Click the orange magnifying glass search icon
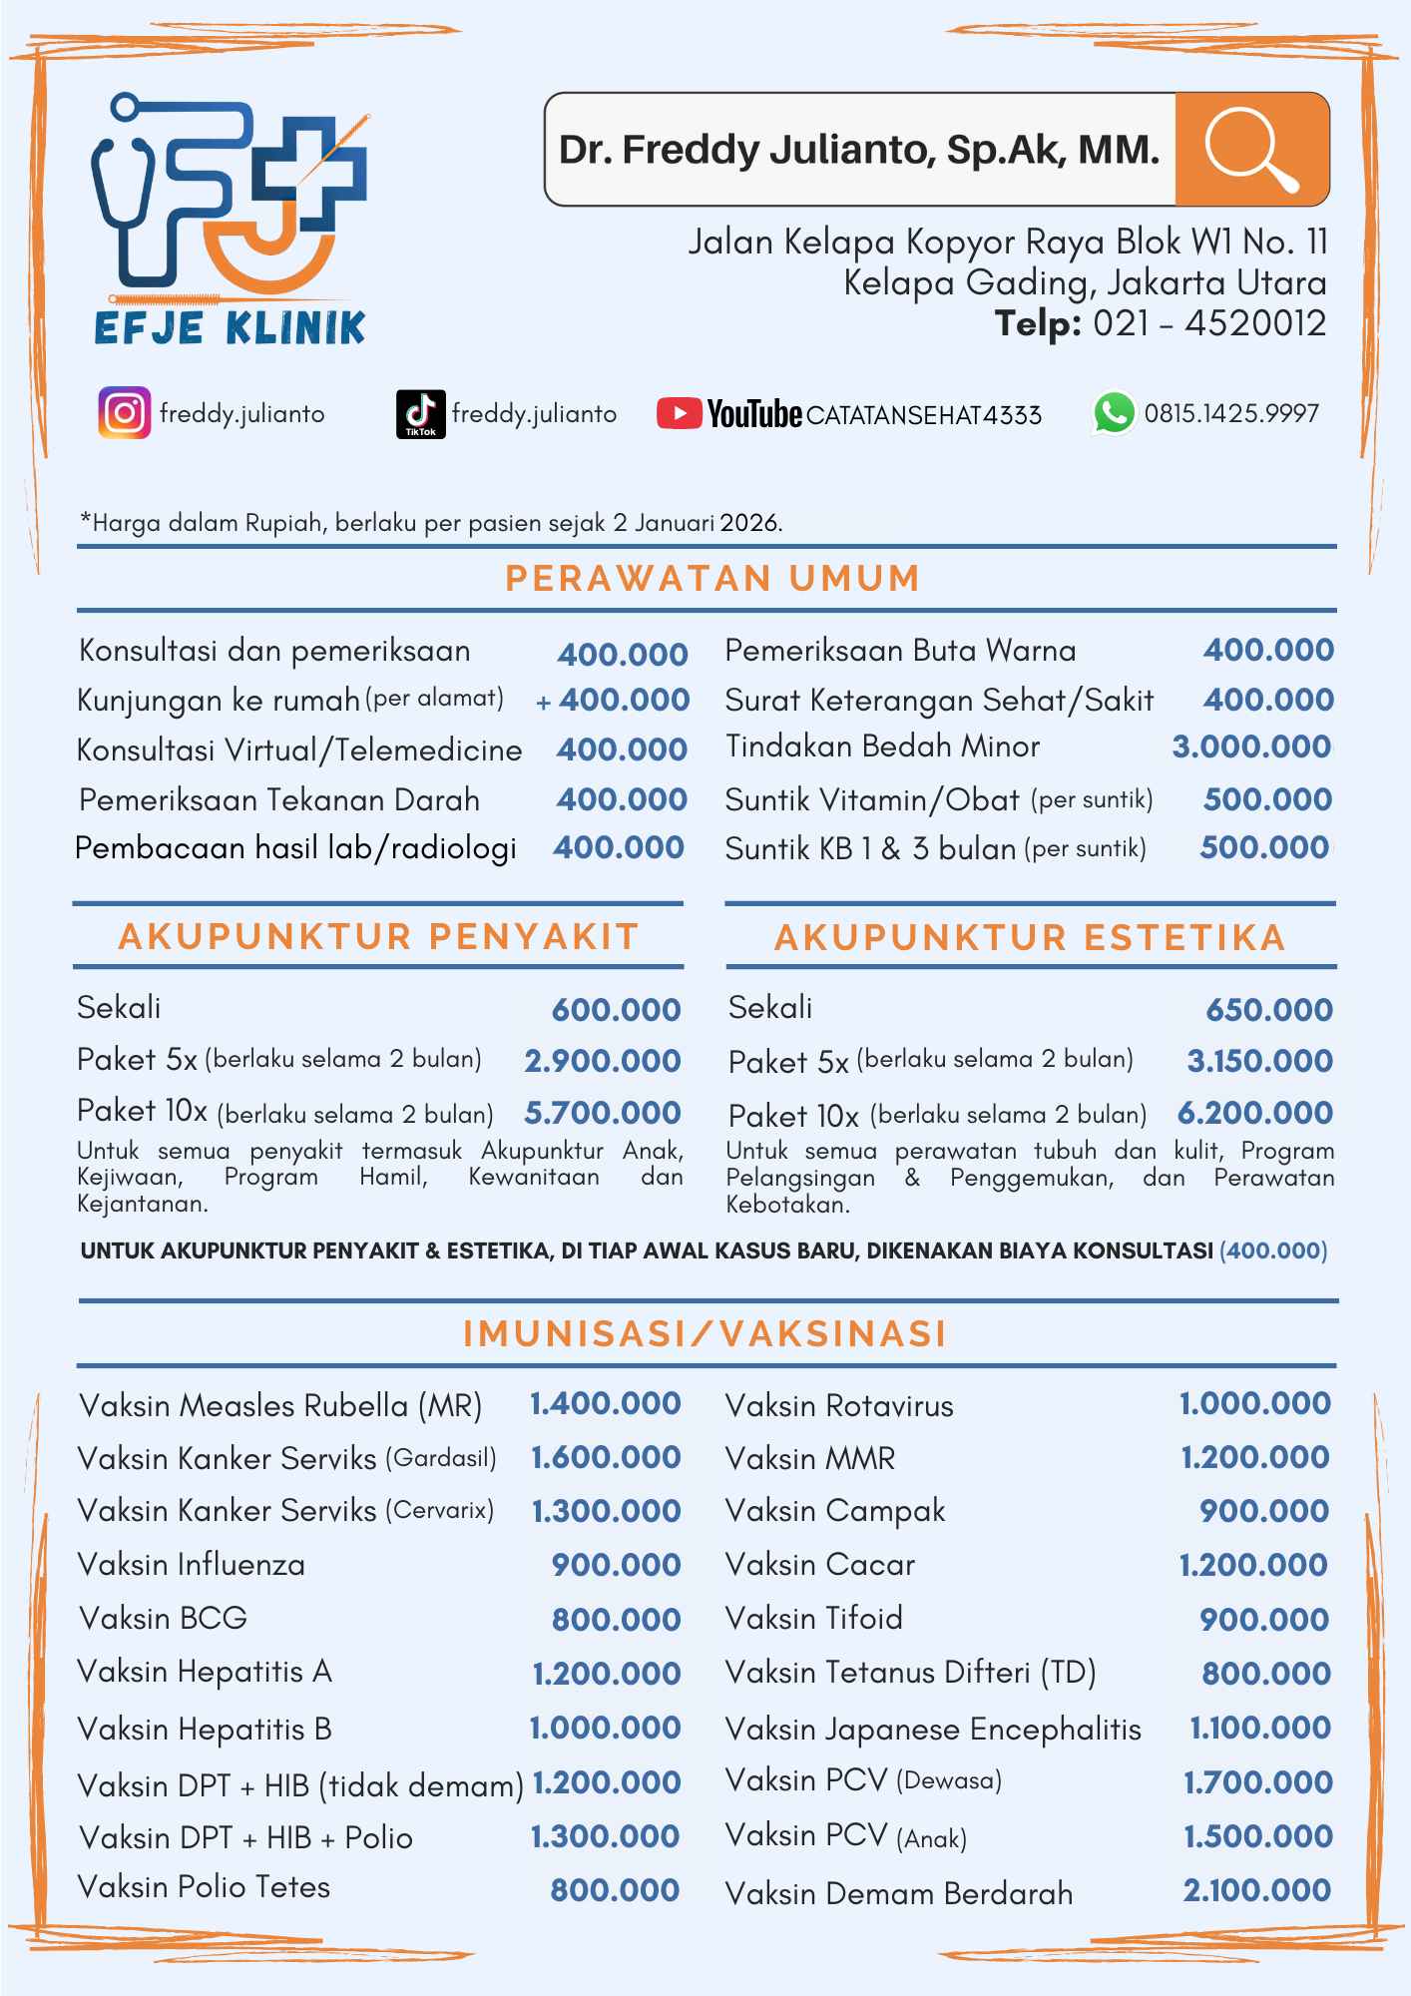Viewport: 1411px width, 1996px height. [x=1251, y=150]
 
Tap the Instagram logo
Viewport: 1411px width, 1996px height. [x=125, y=413]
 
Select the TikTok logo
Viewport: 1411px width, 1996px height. [x=420, y=413]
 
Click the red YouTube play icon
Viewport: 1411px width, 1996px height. [x=680, y=413]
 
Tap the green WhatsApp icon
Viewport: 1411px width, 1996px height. [x=1114, y=412]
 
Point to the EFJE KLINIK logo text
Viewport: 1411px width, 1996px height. [x=231, y=327]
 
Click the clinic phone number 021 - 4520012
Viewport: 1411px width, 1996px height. [x=1208, y=323]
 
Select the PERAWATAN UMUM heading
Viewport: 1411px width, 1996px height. [x=712, y=579]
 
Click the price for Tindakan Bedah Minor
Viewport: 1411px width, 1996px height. [x=1251, y=747]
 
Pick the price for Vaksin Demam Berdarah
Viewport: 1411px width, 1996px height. [x=1256, y=1889]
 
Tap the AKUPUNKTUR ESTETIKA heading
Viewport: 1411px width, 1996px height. [x=1030, y=937]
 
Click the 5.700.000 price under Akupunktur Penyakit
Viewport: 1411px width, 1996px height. [x=603, y=1113]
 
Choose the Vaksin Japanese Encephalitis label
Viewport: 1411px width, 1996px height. [x=933, y=1729]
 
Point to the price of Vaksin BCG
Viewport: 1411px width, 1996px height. [x=616, y=1619]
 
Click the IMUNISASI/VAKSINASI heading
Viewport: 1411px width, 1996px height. [x=705, y=1334]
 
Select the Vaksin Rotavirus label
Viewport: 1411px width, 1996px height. [x=839, y=1406]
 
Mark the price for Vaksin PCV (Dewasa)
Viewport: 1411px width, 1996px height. [x=1257, y=1781]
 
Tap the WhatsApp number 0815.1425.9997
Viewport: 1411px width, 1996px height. [x=1231, y=413]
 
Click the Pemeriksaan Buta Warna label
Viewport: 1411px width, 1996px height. [x=900, y=651]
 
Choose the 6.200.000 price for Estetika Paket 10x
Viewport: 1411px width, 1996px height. [x=1254, y=1113]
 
